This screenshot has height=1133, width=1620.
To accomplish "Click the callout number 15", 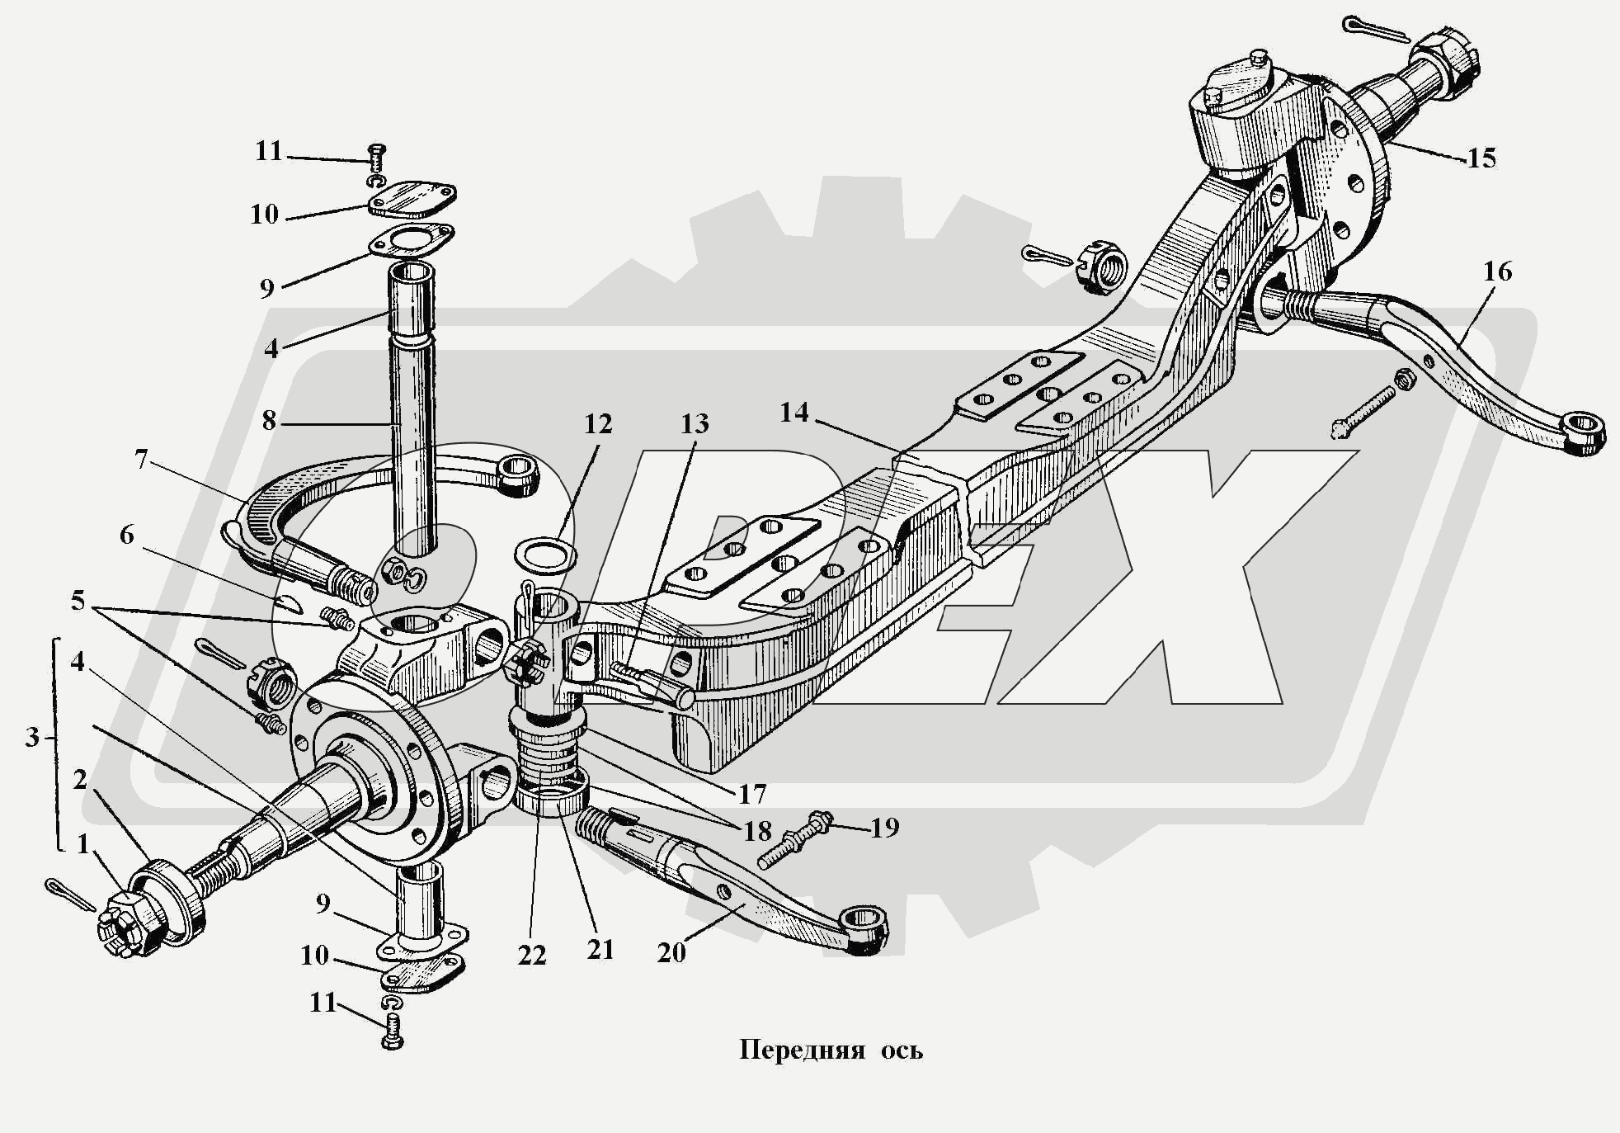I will (x=1481, y=158).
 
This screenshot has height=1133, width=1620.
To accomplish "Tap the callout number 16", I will (x=1497, y=271).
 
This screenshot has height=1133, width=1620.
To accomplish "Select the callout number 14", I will (x=794, y=412).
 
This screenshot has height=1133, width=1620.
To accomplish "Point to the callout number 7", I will (x=141, y=459).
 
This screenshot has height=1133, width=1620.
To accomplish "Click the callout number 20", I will (x=671, y=952).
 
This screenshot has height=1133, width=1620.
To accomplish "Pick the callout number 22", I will (x=532, y=955).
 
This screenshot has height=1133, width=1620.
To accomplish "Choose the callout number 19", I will (x=884, y=827).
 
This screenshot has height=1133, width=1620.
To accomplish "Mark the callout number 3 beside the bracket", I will (x=31, y=737).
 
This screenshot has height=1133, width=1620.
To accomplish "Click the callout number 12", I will (x=598, y=423).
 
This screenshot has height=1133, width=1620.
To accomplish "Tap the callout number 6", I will (x=126, y=535).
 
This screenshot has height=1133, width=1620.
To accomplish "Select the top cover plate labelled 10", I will (x=412, y=200).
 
